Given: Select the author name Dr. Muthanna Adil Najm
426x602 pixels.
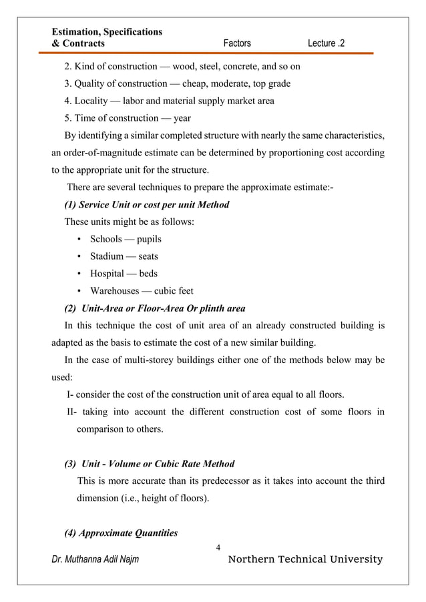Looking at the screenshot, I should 95,559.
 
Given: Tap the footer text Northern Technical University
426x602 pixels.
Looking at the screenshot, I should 306,559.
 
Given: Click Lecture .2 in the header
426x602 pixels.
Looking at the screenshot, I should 327,43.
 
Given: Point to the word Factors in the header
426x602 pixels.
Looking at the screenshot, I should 237,43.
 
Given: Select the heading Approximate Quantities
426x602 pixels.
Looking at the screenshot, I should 120,533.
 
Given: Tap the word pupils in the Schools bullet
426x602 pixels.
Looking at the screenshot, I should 150,239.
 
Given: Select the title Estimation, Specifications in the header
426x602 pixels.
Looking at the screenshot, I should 107,31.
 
